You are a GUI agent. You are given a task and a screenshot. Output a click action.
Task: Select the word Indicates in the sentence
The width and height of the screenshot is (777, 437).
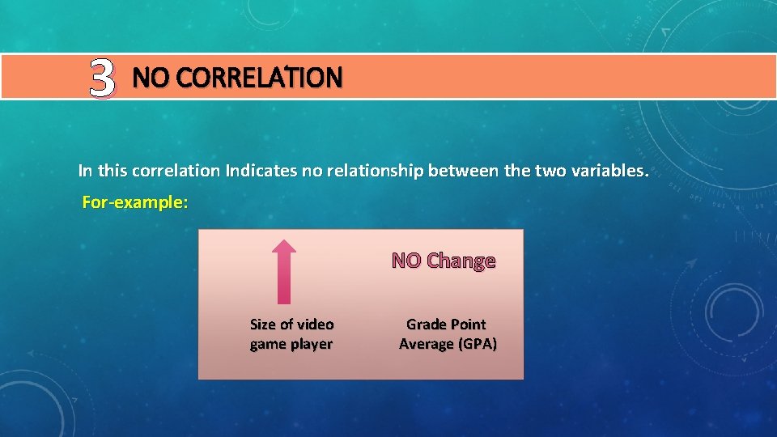[x=257, y=171]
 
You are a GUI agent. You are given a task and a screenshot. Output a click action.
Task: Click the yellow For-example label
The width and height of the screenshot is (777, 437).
[x=135, y=202]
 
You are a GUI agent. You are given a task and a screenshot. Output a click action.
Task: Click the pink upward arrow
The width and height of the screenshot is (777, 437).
[x=282, y=271]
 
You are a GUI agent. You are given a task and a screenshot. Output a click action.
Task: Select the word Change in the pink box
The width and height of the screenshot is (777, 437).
[x=461, y=261]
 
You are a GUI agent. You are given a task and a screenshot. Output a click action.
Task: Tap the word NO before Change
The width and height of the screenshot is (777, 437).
[x=407, y=261]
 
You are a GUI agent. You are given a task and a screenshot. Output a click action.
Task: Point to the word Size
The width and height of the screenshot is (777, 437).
[x=262, y=325]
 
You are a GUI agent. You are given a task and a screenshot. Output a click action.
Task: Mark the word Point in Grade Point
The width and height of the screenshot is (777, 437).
[x=469, y=325]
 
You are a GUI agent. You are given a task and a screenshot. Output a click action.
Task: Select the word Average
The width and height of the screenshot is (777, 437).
[x=427, y=344]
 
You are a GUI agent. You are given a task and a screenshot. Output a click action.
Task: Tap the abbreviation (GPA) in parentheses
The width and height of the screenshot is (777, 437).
[x=478, y=344]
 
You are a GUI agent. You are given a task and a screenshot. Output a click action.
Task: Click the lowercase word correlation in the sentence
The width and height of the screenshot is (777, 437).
[x=175, y=171]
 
